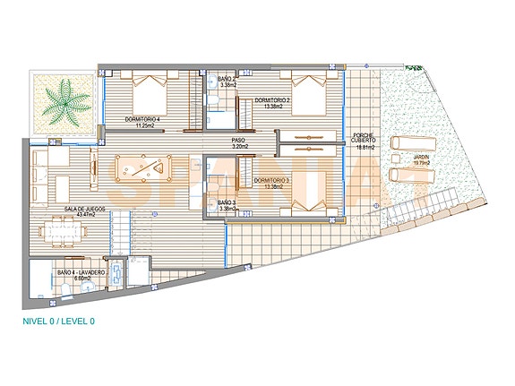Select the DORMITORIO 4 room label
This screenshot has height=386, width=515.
pyautogui.click(x=142, y=119)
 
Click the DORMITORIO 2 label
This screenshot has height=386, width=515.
pyautogui.click(x=271, y=99)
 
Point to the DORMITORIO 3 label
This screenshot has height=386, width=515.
pyautogui.click(x=271, y=181)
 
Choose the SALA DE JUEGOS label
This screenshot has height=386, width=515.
pyautogui.click(x=82, y=209)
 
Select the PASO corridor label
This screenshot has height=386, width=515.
pyautogui.click(x=238, y=140)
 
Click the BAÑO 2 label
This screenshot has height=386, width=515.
pyautogui.click(x=227, y=80)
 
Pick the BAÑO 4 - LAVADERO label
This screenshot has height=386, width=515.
pyautogui.click(x=82, y=271)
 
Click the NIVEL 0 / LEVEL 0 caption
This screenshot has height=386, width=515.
pyautogui.click(x=58, y=321)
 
